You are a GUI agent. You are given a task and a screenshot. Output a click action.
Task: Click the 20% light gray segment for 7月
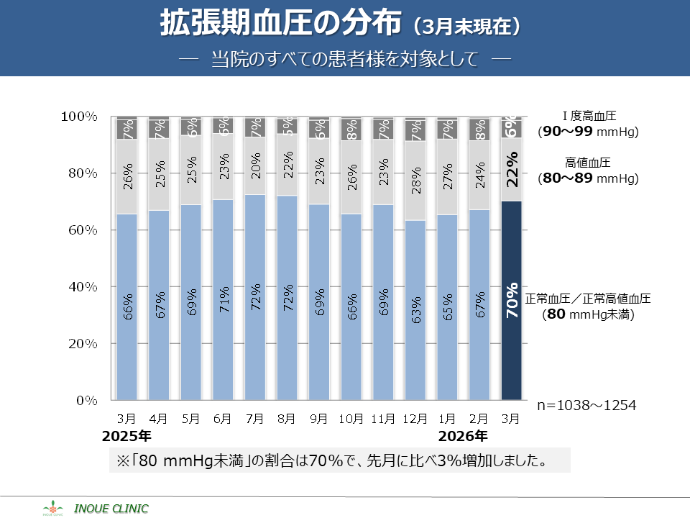tap(254, 166)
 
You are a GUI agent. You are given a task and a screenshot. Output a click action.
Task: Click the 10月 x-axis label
tap(351, 418)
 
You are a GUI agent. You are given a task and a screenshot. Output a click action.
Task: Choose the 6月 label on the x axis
tap(222, 418)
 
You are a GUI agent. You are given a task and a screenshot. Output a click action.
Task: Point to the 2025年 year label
tap(126, 436)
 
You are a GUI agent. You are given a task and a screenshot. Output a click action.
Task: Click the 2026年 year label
tap(463, 436)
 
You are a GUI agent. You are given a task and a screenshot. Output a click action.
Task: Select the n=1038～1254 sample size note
tap(586, 405)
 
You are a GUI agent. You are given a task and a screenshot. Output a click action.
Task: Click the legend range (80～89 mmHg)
tap(588, 178)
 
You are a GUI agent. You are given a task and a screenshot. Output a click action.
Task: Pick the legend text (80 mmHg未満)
tap(588, 314)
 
